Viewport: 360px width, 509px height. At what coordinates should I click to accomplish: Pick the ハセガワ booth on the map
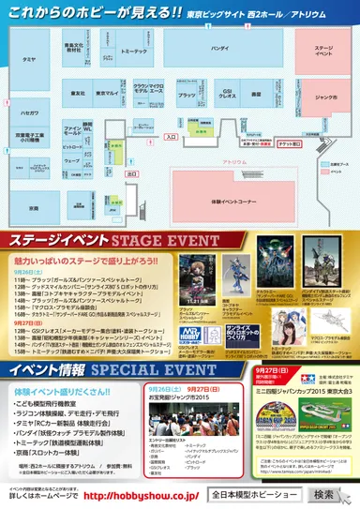tap(30, 111)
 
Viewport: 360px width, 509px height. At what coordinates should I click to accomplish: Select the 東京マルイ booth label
tap(106, 94)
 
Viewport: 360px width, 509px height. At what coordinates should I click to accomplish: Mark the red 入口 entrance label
tap(171, 136)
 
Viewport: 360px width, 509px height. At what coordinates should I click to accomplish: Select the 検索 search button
tap(323, 494)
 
